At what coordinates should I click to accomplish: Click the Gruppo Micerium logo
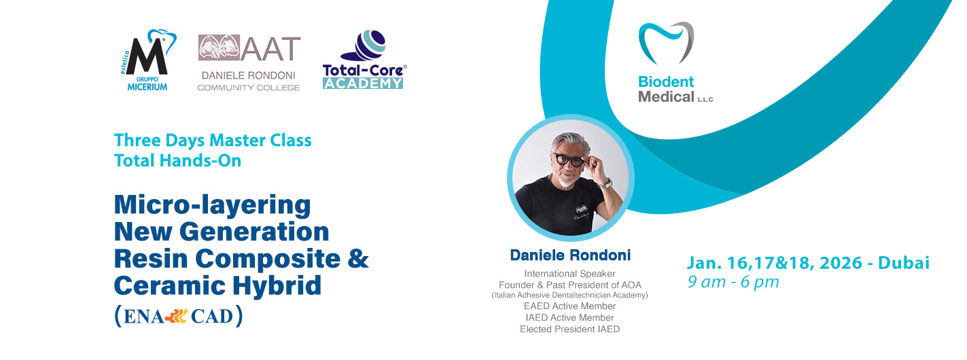(x=147, y=60)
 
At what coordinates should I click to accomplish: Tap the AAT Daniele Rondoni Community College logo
(x=249, y=63)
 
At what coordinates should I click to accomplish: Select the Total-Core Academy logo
(x=364, y=60)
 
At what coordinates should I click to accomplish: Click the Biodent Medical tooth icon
(x=666, y=43)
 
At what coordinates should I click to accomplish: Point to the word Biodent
(x=666, y=82)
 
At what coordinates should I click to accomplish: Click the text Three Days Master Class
(x=213, y=141)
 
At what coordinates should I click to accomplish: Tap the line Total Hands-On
(x=177, y=160)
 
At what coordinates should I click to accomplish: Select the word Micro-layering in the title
(x=213, y=205)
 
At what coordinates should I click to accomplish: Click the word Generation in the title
(x=254, y=232)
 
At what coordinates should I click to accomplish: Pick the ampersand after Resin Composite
(x=358, y=258)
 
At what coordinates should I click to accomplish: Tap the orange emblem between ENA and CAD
(x=177, y=317)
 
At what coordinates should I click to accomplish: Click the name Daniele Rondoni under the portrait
(x=570, y=255)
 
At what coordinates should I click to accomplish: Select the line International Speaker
(x=570, y=274)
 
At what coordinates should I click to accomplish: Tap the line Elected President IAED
(x=570, y=329)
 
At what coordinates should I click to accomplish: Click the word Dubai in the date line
(x=904, y=263)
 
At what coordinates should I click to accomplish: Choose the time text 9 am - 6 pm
(x=733, y=283)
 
